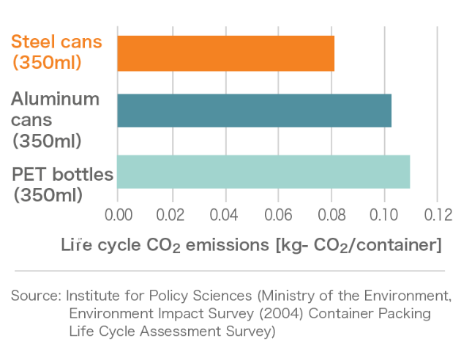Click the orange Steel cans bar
(x=225, y=53)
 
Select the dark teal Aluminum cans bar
(x=254, y=110)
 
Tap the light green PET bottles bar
(x=263, y=171)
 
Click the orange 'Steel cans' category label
(x=56, y=51)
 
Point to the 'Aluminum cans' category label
(x=55, y=119)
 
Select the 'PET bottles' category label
(x=62, y=184)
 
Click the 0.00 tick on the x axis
(x=118, y=217)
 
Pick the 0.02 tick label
(x=171, y=217)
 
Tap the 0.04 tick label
(x=225, y=217)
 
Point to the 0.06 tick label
(x=278, y=217)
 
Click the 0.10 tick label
(x=383, y=217)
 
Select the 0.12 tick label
(x=436, y=217)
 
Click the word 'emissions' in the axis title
(x=228, y=245)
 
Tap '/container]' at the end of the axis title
(x=400, y=245)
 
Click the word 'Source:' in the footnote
(x=36, y=296)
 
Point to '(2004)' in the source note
(x=264, y=314)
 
